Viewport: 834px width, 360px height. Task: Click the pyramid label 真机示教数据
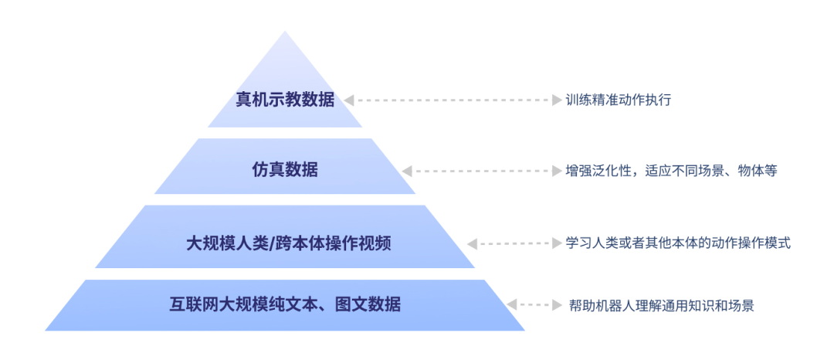tap(285, 100)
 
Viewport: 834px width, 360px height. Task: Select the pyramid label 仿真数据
tap(285, 170)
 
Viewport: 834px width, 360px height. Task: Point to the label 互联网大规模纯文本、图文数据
tap(285, 304)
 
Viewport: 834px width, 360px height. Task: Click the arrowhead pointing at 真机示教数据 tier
tap(349, 100)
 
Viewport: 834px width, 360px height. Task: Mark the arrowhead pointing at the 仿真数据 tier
tap(407, 170)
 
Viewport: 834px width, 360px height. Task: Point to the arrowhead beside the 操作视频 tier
tap(472, 243)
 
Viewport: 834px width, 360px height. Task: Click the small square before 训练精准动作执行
tap(556, 100)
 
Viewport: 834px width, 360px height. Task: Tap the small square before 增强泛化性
tap(556, 170)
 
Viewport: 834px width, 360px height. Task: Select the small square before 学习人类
tap(556, 243)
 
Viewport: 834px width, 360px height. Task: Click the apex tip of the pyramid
tap(285, 33)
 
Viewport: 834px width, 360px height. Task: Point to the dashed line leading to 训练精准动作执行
tap(452, 100)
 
